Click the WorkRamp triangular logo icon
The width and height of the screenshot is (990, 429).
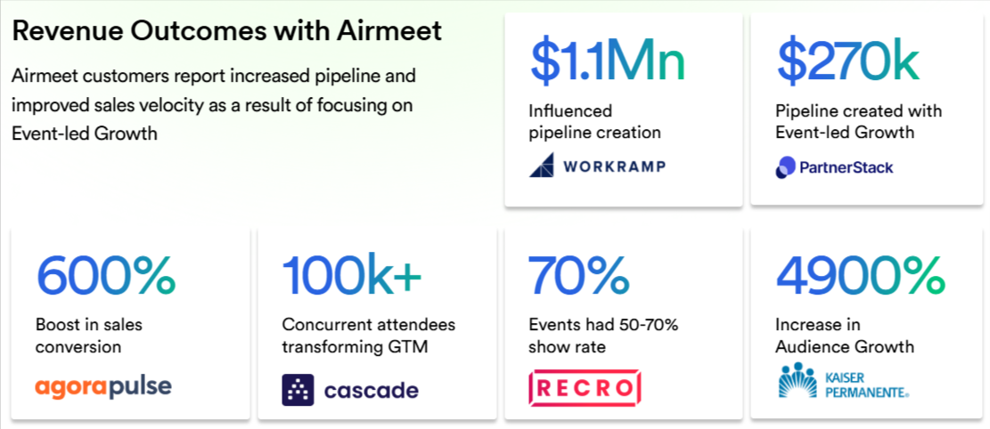click(542, 166)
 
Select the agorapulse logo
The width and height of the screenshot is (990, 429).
click(103, 387)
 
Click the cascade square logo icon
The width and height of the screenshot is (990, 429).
click(298, 390)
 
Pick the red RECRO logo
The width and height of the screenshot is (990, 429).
click(585, 388)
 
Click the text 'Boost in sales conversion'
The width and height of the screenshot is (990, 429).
click(89, 336)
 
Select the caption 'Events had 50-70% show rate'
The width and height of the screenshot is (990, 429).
click(603, 336)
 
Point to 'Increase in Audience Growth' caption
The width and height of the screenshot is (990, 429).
click(845, 336)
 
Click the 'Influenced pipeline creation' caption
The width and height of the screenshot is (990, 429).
click(594, 122)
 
